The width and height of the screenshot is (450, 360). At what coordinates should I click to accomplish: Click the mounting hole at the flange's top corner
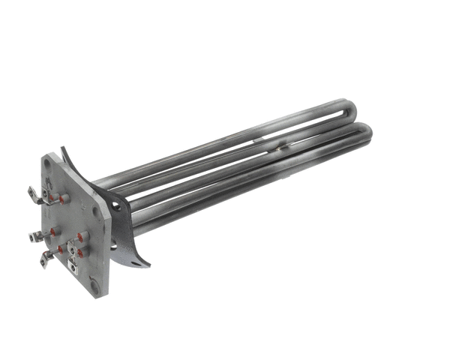click(x=47, y=162)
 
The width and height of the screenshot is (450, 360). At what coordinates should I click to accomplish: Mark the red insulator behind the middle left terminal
click(x=52, y=232)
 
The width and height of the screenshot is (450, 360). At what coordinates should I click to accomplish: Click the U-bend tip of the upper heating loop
click(x=346, y=106)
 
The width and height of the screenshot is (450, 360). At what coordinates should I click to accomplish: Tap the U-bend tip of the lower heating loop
click(x=367, y=133)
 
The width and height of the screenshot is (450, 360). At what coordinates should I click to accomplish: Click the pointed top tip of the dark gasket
click(x=65, y=148)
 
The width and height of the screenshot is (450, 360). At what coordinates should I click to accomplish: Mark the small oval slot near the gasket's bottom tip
click(x=135, y=261)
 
